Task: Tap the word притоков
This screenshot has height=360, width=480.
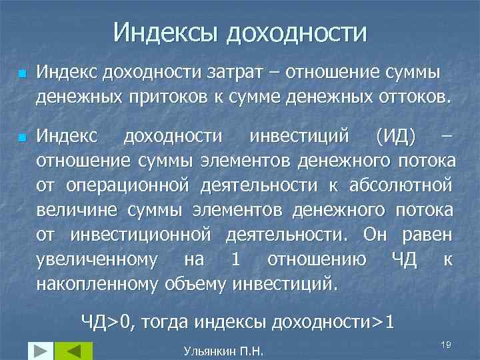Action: [x=170, y=97]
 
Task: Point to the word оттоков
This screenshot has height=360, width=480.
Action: [x=408, y=97]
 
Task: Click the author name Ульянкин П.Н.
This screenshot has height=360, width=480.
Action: [x=223, y=350]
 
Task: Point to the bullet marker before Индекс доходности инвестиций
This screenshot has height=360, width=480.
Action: [x=21, y=137]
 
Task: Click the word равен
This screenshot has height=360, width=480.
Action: [x=428, y=235]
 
